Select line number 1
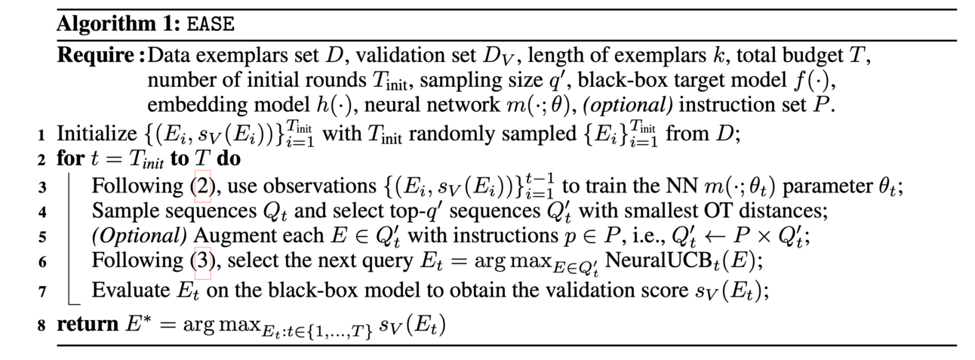coord(41,136)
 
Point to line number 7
coord(41,291)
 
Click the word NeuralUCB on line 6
coord(643,263)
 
